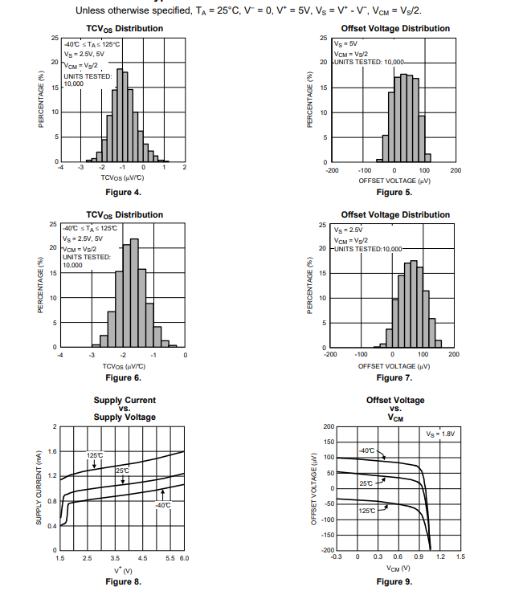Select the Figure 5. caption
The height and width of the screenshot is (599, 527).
[394, 193]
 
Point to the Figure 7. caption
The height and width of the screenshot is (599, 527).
[394, 377]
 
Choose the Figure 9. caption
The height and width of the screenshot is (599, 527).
[394, 582]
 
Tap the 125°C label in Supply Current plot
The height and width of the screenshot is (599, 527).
[95, 455]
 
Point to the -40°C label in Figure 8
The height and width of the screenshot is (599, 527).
[163, 505]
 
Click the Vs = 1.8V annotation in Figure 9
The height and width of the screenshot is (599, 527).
[440, 434]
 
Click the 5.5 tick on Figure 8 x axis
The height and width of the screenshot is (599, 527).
[170, 557]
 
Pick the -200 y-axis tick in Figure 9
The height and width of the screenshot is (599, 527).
[327, 550]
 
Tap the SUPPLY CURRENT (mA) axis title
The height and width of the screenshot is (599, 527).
[39, 488]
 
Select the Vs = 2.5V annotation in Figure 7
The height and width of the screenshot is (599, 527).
[349, 230]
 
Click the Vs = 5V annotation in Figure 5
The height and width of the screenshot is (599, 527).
[345, 43]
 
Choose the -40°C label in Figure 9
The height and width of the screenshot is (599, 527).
[366, 450]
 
